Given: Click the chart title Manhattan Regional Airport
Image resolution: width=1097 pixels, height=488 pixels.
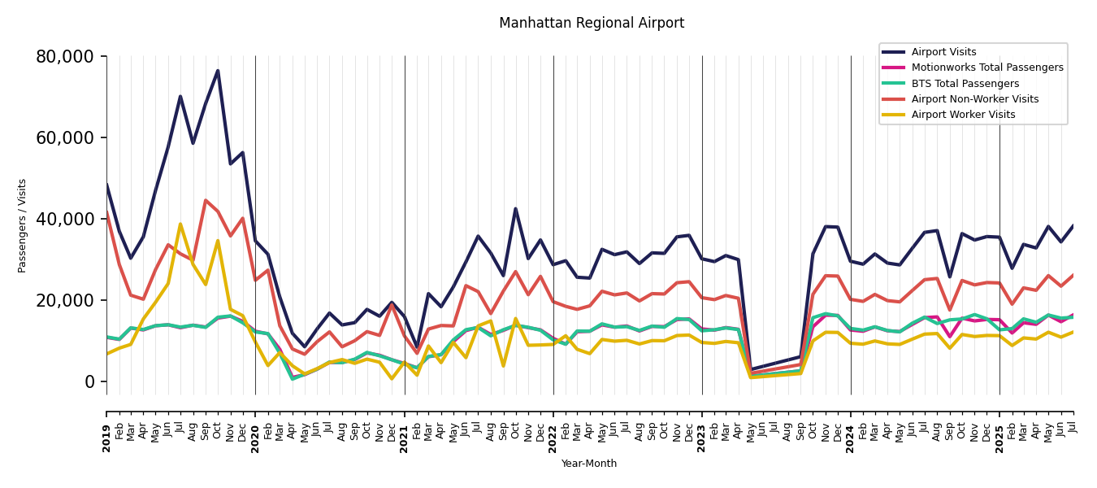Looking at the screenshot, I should (592, 24).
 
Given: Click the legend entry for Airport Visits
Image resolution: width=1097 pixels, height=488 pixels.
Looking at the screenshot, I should (943, 52).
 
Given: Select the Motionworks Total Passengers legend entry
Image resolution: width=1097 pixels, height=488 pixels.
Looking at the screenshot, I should (986, 68).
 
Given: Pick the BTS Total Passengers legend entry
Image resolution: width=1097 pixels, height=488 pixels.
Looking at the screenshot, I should (965, 84).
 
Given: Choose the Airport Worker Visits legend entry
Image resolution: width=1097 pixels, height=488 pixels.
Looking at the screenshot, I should (963, 115).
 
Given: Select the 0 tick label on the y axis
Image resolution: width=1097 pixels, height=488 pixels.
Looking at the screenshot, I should (91, 382).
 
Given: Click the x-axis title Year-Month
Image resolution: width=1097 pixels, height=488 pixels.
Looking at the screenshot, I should (589, 464).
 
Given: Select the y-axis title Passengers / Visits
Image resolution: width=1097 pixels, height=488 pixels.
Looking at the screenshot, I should (23, 225).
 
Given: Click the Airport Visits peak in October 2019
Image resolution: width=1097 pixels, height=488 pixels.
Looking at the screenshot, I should (218, 71).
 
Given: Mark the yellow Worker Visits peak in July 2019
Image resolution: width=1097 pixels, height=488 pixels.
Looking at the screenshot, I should (180, 224).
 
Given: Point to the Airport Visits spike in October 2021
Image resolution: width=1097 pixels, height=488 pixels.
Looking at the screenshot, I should (515, 209).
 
